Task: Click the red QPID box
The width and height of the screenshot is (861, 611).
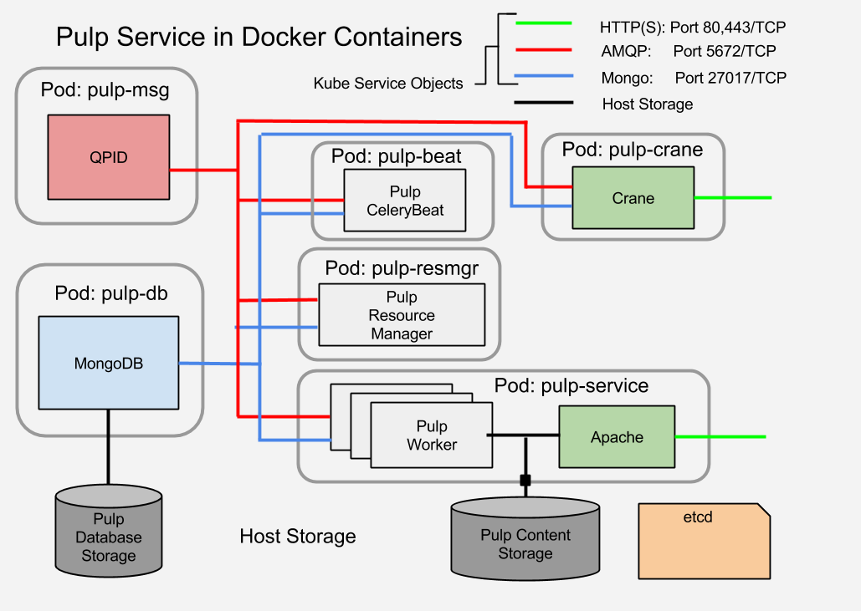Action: coord(109,157)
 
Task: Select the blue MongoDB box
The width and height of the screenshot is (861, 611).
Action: coord(109,363)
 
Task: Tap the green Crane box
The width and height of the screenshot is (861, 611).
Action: coord(633,198)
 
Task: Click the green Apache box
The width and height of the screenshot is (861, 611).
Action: coord(617,436)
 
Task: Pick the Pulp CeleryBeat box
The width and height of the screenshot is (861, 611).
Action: coord(405,201)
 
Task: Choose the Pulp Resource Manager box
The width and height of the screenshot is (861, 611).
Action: coord(402,315)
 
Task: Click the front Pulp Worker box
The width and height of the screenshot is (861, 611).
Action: coord(431,435)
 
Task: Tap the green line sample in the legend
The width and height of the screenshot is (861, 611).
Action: coord(544,23)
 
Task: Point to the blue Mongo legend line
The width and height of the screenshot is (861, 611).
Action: coord(544,77)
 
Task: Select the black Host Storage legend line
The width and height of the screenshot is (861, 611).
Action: coord(544,104)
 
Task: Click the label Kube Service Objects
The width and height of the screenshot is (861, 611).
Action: coord(387,84)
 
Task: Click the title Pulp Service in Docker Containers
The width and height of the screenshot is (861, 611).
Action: coord(259,37)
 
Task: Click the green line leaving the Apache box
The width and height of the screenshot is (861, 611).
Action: coord(720,437)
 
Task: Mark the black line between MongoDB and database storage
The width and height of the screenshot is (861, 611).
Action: coord(108,446)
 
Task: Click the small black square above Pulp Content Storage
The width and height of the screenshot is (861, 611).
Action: coord(525,481)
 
